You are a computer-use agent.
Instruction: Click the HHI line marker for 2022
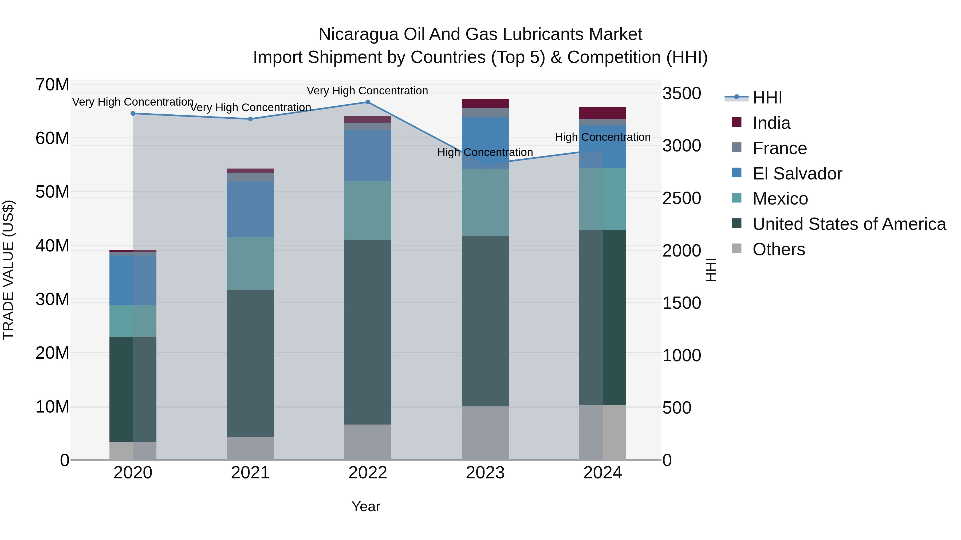coord(368,102)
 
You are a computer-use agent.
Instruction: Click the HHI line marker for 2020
coord(133,113)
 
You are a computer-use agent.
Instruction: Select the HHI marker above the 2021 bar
coord(250,119)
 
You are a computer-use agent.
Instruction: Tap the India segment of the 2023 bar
coord(485,103)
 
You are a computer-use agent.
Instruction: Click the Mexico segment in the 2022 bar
coord(368,211)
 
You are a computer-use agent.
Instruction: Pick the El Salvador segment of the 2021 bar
coord(250,209)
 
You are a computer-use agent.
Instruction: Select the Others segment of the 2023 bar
coord(485,433)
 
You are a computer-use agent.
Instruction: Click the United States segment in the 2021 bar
coord(250,363)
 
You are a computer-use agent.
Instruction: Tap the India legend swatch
coord(736,122)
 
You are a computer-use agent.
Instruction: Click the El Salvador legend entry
coord(797,174)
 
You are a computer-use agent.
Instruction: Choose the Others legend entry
coord(779,249)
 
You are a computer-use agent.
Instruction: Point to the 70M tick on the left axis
coord(52,85)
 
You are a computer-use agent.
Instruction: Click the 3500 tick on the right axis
coord(682,94)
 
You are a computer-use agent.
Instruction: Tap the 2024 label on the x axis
coord(602,473)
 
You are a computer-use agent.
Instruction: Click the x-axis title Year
coord(366,506)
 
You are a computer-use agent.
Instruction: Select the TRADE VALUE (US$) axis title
coord(8,270)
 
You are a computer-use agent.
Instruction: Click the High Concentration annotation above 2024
coord(602,137)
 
